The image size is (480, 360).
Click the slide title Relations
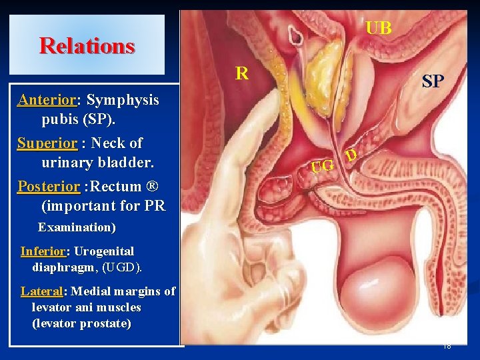(x=87, y=46)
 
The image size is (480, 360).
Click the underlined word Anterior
(x=46, y=100)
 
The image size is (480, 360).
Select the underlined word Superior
(x=47, y=143)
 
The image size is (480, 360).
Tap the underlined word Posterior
(x=49, y=187)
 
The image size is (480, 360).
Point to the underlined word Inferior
(x=43, y=251)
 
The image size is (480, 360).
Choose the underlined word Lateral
(x=41, y=291)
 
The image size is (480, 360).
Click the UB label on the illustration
(x=379, y=28)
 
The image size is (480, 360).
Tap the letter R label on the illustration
(x=242, y=73)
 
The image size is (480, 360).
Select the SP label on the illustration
(x=433, y=82)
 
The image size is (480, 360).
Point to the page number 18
(x=447, y=346)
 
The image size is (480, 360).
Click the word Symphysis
(x=123, y=100)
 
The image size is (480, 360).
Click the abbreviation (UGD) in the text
(x=123, y=267)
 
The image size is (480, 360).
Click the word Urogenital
(x=104, y=251)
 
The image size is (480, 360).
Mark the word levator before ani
(x=51, y=307)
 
